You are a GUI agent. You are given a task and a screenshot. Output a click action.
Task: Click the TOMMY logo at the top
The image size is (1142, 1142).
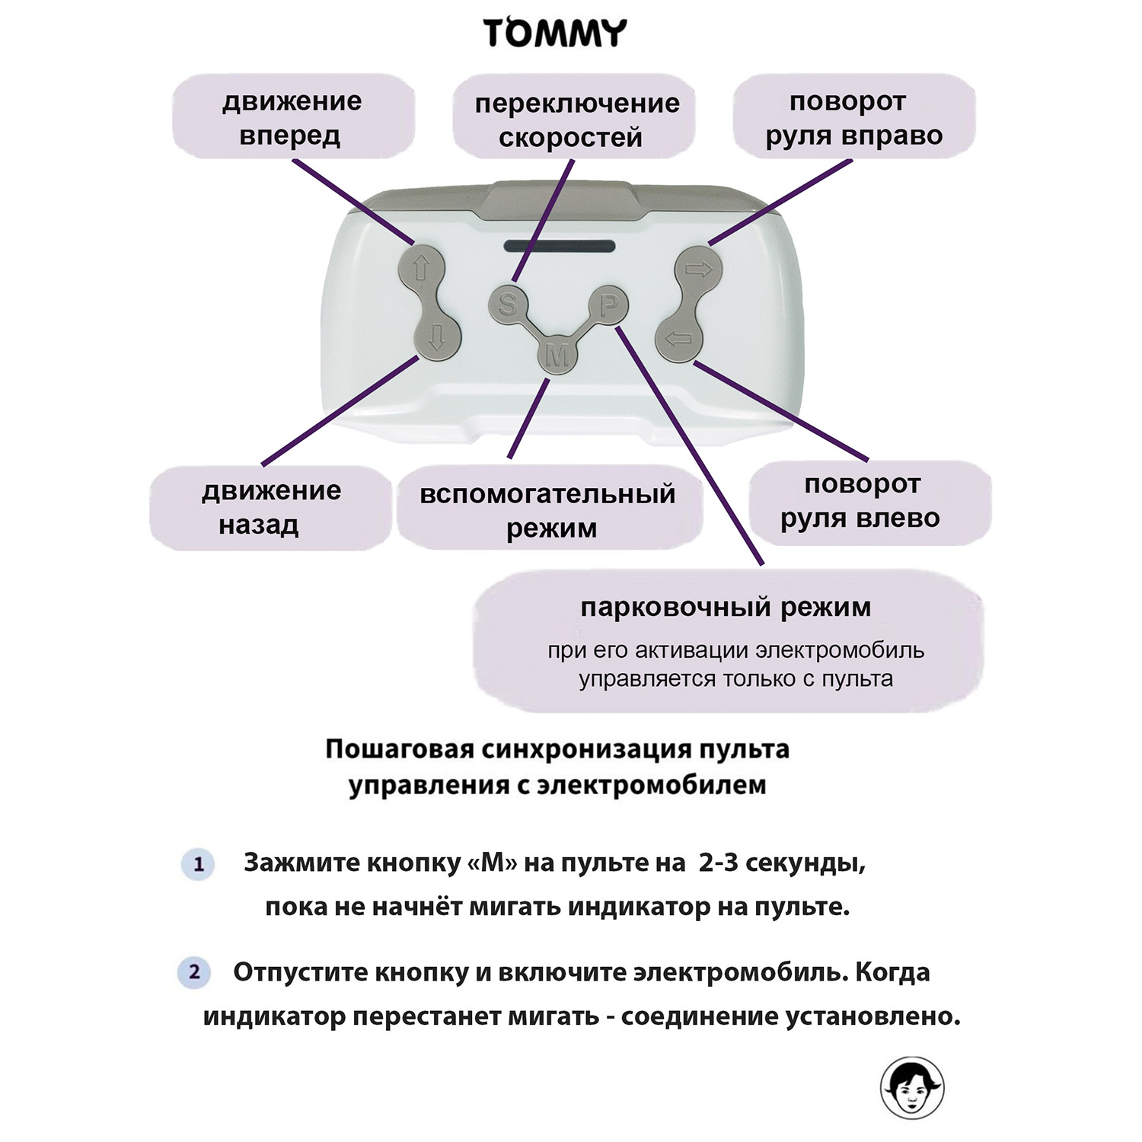point(555,34)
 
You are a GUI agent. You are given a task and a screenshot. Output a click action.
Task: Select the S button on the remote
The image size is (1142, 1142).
point(507,305)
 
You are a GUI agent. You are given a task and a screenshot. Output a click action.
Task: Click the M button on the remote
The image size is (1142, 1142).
point(558,355)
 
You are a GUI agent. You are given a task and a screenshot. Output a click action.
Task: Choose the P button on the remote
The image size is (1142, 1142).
point(608,305)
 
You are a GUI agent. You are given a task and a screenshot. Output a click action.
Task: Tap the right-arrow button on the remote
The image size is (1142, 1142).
point(698,269)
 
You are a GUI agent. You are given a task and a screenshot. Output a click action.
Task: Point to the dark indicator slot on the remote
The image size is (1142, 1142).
point(559,247)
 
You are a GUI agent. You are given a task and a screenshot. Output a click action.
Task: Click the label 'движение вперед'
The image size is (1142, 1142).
point(292,117)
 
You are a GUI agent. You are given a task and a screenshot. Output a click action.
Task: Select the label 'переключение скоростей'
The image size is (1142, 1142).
point(576,120)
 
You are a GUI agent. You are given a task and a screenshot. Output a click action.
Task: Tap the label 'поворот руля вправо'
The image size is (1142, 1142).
point(853,117)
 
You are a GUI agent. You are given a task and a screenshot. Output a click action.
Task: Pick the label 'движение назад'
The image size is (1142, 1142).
point(270,507)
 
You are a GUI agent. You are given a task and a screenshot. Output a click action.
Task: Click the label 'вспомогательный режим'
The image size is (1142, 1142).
point(548,509)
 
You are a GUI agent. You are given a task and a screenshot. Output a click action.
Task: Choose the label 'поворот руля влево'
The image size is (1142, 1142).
point(862,501)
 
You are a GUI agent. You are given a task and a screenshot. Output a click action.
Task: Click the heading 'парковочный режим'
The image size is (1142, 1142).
point(726,607)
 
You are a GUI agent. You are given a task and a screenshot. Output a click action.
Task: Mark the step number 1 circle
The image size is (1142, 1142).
point(199,864)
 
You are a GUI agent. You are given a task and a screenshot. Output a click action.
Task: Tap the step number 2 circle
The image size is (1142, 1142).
point(194,972)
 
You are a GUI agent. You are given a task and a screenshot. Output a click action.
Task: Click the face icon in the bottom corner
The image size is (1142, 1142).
point(912,1088)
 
